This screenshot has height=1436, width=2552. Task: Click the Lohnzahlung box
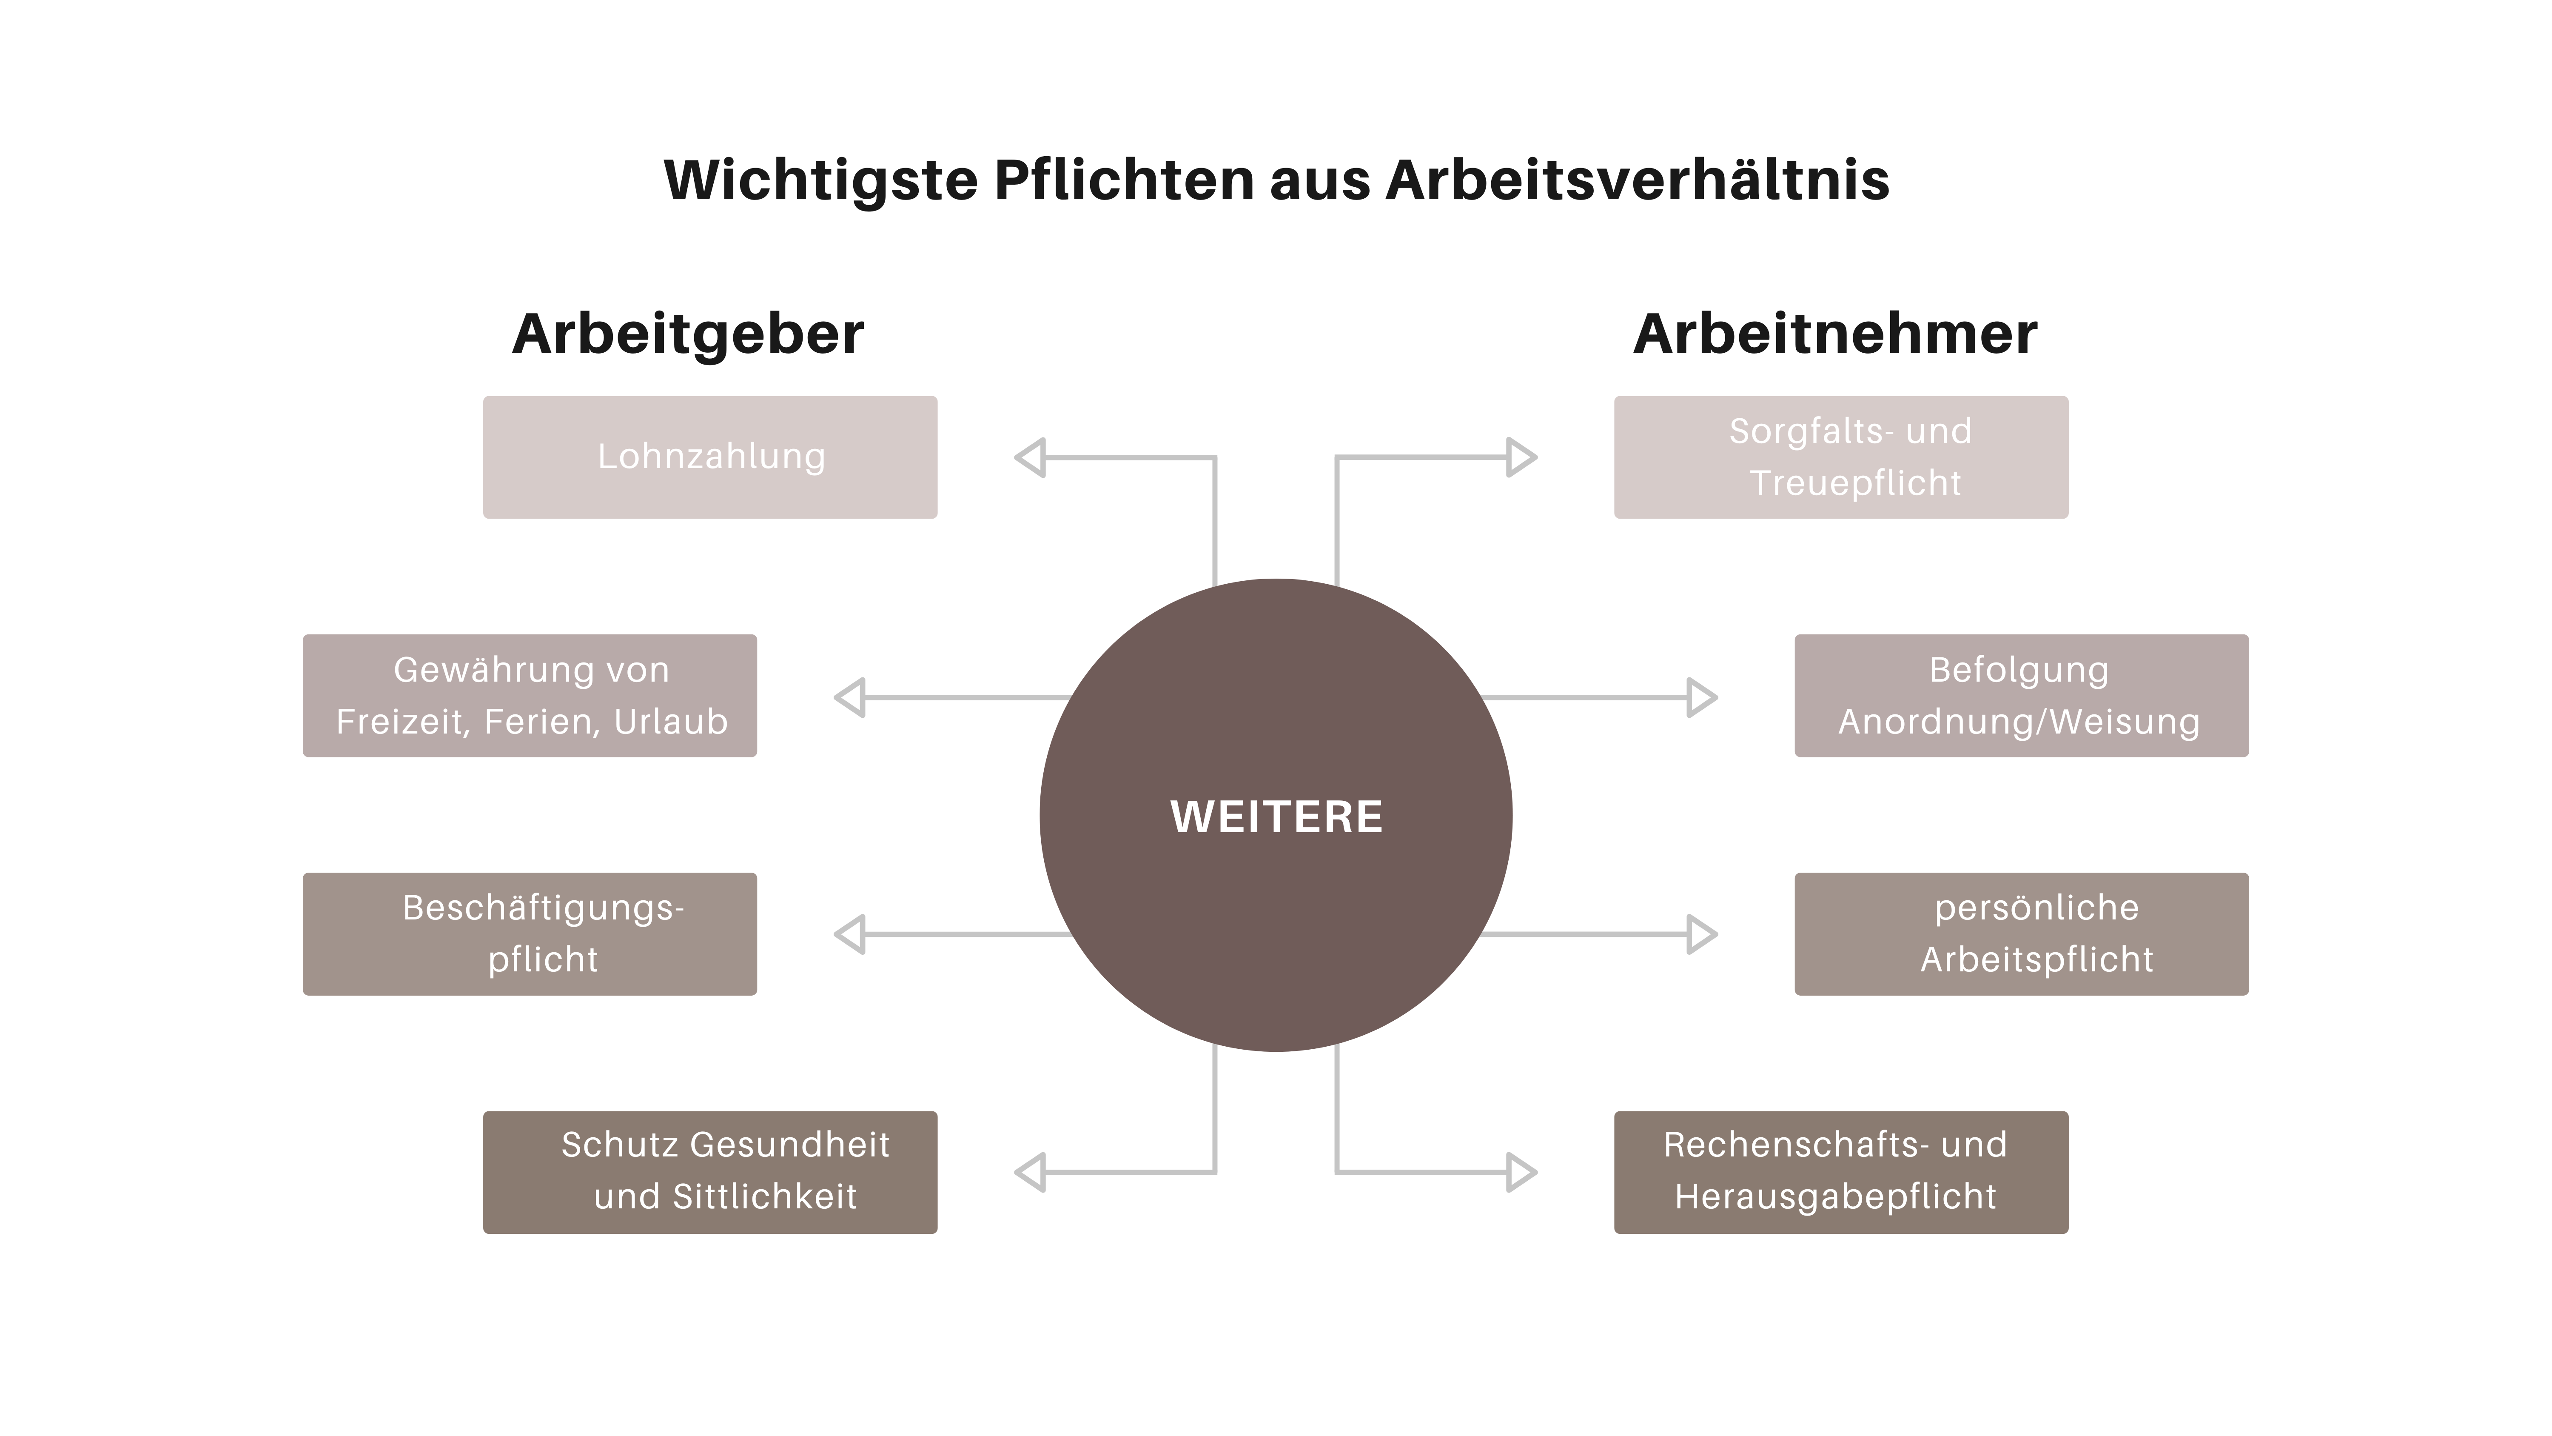click(x=710, y=457)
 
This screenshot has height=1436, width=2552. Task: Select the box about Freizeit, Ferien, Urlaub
click(x=530, y=696)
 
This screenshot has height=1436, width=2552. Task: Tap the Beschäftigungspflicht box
click(x=530, y=934)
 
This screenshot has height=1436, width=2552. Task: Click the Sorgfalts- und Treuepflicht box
click(x=1841, y=457)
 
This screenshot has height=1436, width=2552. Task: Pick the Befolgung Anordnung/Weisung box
click(x=2021, y=696)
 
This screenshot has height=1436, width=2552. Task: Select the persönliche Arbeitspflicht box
click(x=2021, y=934)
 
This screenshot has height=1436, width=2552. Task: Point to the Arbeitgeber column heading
click(x=689, y=334)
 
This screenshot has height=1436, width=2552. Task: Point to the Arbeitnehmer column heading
click(x=1835, y=334)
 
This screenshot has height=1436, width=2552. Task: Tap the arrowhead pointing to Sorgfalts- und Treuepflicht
click(x=1520, y=457)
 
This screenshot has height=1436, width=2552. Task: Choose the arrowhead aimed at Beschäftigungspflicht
click(x=851, y=934)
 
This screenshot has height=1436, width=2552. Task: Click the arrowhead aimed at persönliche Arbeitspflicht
click(x=1700, y=934)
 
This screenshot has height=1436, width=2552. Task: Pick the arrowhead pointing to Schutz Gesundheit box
click(x=1031, y=1172)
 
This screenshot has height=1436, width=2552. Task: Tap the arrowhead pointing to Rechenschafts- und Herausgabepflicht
click(x=1520, y=1172)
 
